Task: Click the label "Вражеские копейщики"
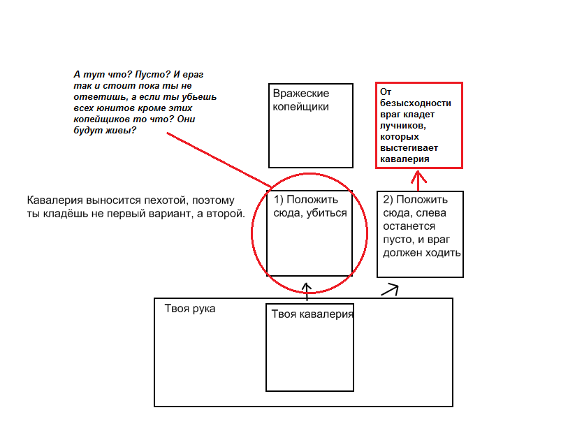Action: click(x=301, y=100)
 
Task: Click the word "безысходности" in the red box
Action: click(x=416, y=103)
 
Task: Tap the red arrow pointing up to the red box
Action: click(x=418, y=180)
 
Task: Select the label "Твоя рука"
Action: click(x=190, y=309)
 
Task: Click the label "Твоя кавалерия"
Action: click(x=312, y=314)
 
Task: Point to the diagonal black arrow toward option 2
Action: click(x=390, y=290)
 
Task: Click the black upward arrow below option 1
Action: click(x=307, y=291)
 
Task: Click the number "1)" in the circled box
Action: click(x=279, y=199)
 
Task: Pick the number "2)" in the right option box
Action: click(x=388, y=199)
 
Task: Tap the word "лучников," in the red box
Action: click(x=403, y=126)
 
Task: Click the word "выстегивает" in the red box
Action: click(x=409, y=148)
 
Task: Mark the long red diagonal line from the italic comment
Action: click(x=219, y=160)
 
